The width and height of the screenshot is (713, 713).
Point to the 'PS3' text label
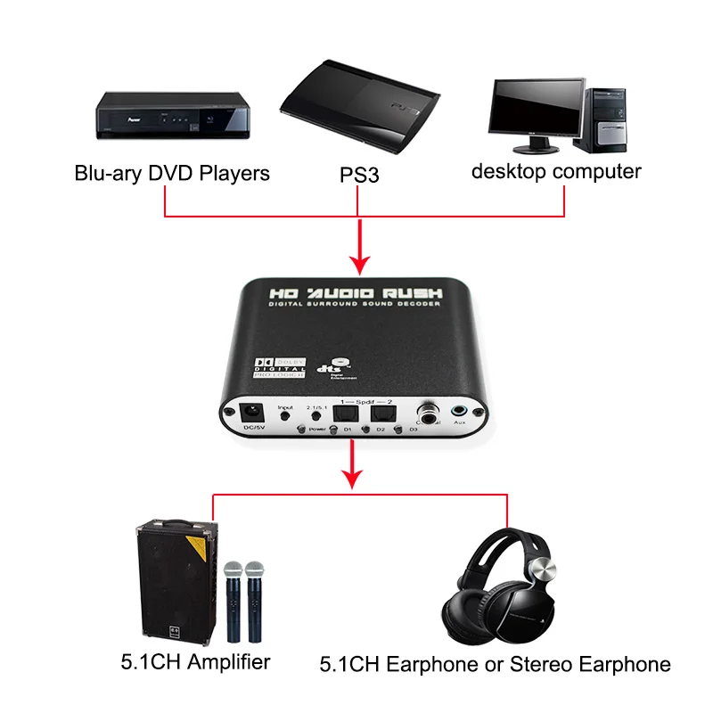click(x=359, y=175)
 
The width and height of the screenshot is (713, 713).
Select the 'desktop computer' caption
click(x=556, y=171)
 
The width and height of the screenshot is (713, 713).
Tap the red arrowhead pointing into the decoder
click(x=359, y=264)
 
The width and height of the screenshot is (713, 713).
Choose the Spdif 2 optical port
click(x=384, y=413)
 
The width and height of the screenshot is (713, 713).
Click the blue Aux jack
click(x=460, y=412)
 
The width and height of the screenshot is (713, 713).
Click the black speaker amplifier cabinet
click(x=176, y=580)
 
